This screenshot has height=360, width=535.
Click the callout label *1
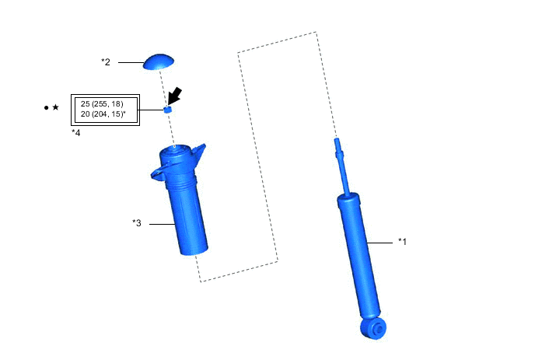click(x=402, y=242)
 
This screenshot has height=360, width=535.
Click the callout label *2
click(x=106, y=62)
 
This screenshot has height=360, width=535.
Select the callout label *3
click(x=137, y=223)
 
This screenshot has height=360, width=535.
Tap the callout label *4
click(x=75, y=133)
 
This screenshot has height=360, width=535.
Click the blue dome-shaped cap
click(x=159, y=62)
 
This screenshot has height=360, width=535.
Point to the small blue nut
click(x=167, y=110)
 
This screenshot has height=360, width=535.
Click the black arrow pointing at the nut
click(x=175, y=96)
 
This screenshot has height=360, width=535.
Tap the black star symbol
click(x=56, y=107)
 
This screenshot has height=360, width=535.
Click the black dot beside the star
click(x=47, y=108)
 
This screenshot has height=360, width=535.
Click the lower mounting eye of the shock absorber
click(x=374, y=328)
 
